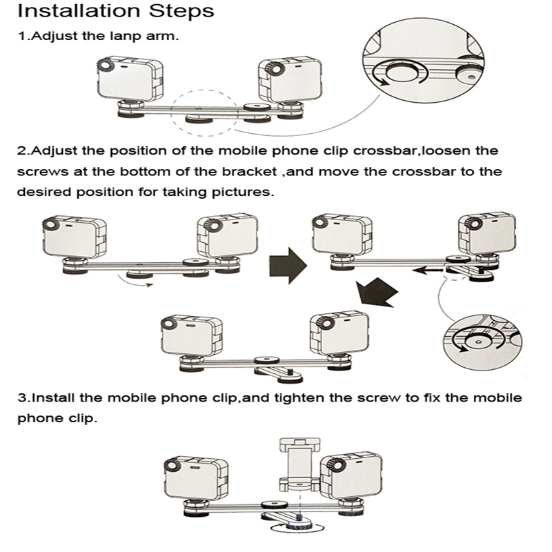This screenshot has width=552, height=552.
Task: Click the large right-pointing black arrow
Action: pyautogui.click(x=288, y=265)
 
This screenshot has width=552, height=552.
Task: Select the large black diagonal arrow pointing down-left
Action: pyautogui.click(x=377, y=292)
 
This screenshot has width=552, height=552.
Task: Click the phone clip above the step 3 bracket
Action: pyautogui.click(x=299, y=464)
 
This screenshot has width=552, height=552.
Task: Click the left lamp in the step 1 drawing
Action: pyautogui.click(x=130, y=79)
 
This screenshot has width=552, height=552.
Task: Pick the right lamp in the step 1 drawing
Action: pyautogui.click(x=290, y=80)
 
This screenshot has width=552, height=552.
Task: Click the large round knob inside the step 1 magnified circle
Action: pyautogui.click(x=402, y=72)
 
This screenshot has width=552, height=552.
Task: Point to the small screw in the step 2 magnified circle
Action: pyautogui.click(x=477, y=342)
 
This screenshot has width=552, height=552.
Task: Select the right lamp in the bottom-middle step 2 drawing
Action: pyautogui.click(x=339, y=333)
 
